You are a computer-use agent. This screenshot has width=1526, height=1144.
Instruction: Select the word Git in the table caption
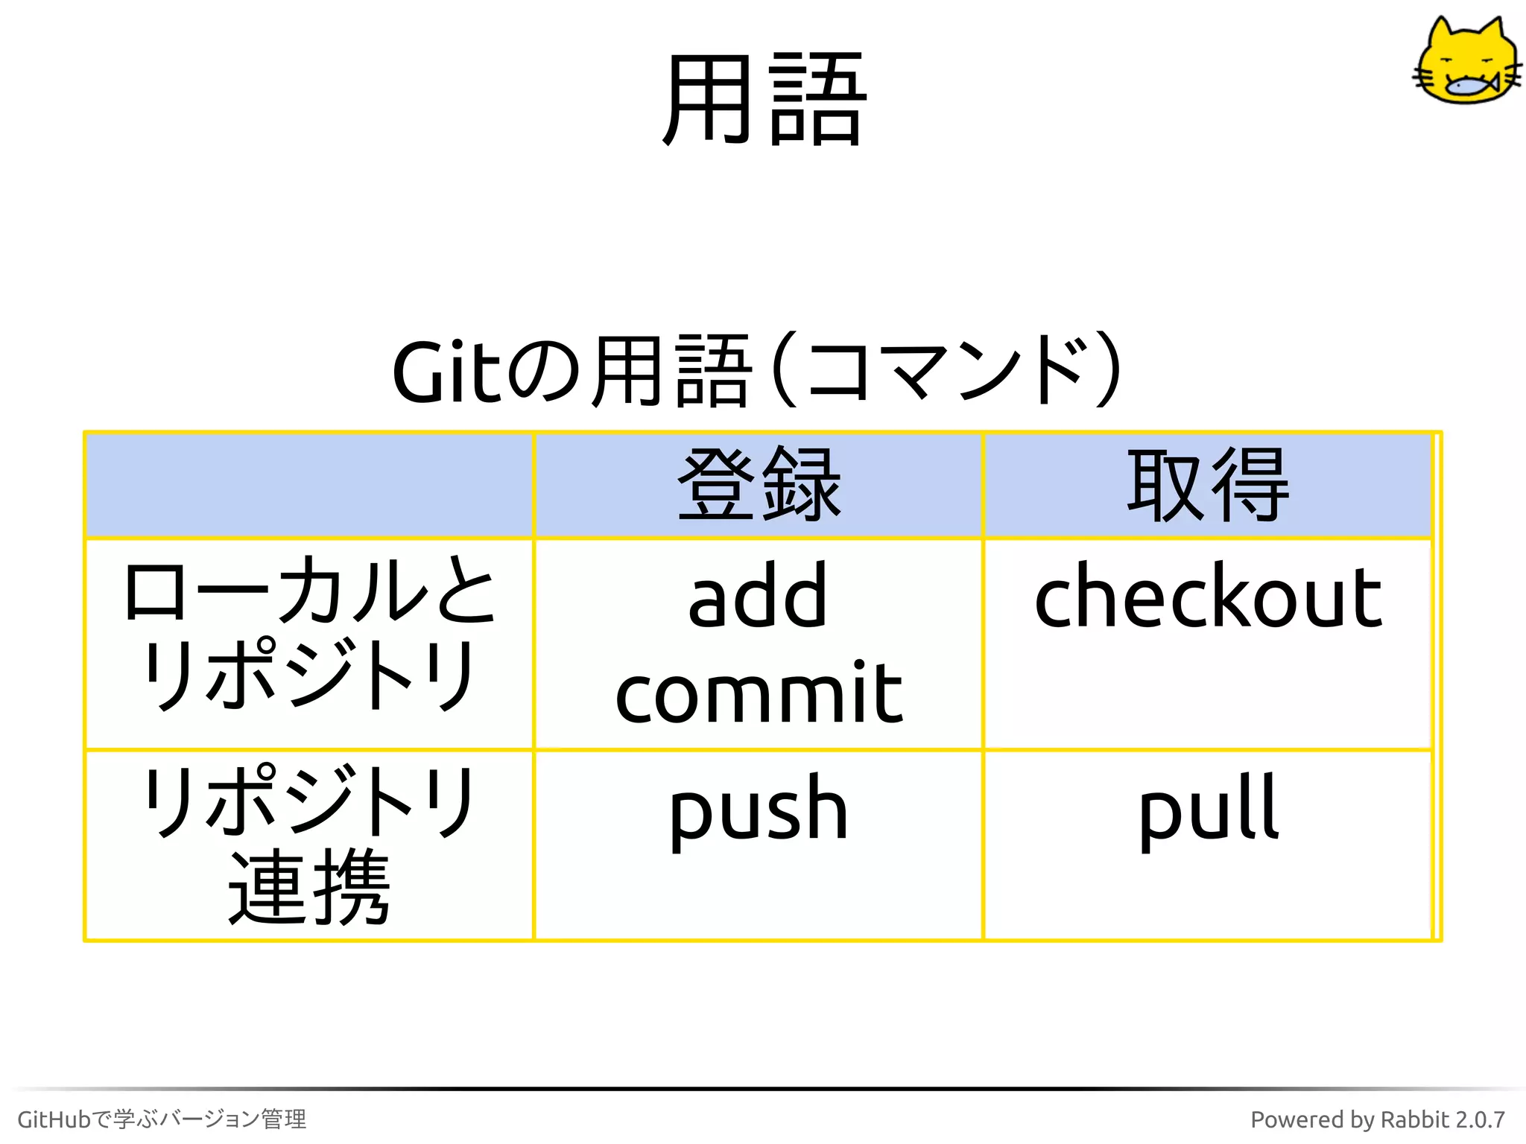[447, 372]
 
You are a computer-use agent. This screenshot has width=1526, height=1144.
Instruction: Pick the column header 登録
[759, 486]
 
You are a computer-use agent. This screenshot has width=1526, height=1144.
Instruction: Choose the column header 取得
[1208, 486]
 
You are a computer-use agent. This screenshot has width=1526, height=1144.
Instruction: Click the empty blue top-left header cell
[309, 486]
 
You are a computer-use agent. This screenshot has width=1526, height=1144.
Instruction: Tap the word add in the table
[758, 597]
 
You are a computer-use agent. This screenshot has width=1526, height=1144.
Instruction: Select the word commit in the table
[759, 693]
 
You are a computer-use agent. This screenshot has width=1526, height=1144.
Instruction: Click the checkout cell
[1208, 597]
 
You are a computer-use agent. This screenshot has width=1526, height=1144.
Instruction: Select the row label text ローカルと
[309, 592]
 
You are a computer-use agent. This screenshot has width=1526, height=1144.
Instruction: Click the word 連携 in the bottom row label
[309, 888]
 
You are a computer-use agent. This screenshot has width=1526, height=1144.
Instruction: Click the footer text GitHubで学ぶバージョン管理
[162, 1119]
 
